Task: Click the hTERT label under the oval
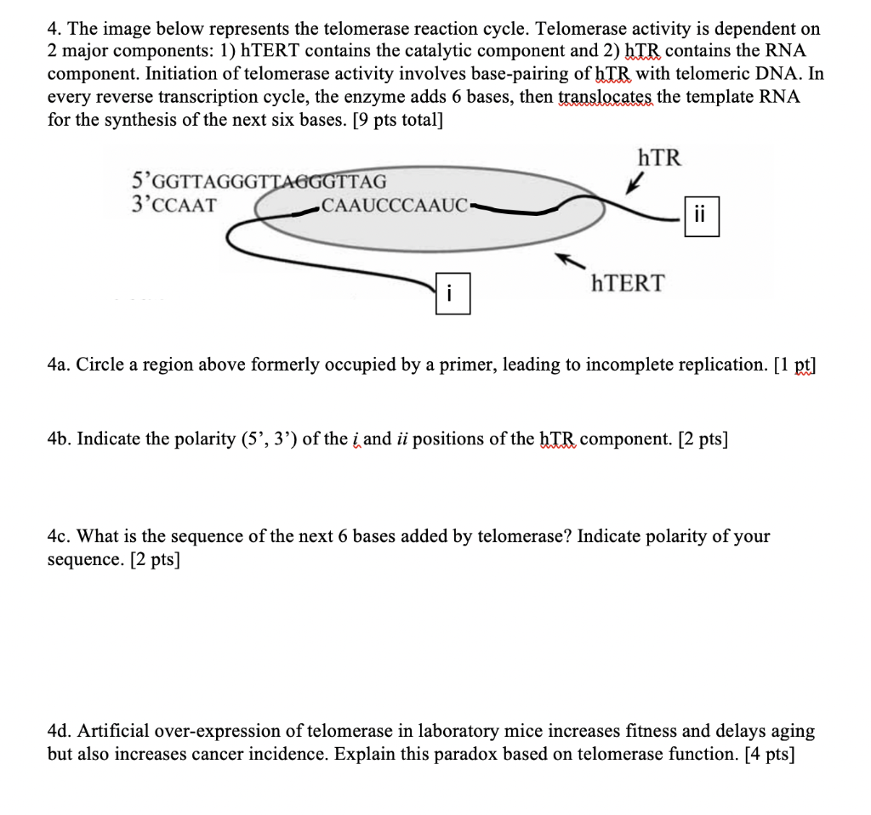(629, 283)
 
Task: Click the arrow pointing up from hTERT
(567, 258)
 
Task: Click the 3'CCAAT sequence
(174, 205)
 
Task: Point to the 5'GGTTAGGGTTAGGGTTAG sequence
(259, 181)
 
